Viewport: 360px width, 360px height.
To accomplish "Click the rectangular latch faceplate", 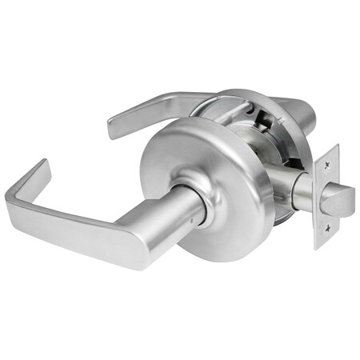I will click(x=326, y=200).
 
